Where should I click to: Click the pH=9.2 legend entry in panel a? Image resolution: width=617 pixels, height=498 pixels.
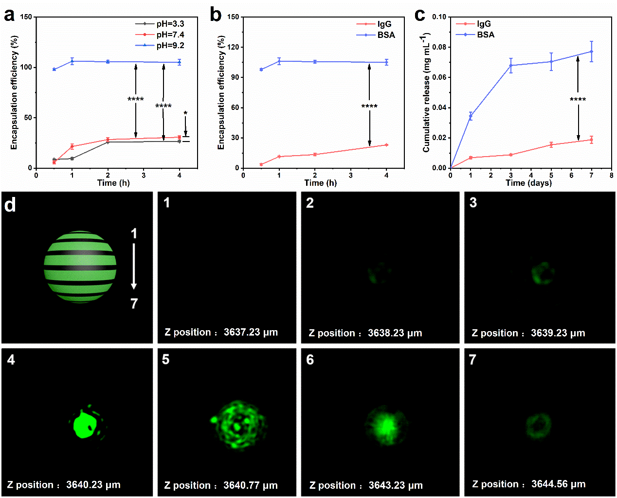[x=170, y=45]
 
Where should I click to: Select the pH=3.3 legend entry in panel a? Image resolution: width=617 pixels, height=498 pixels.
[x=170, y=24]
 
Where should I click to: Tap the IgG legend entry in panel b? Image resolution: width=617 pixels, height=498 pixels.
[x=384, y=24]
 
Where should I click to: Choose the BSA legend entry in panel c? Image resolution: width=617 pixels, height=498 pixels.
[x=485, y=35]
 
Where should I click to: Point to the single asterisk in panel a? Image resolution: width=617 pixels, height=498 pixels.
[x=185, y=113]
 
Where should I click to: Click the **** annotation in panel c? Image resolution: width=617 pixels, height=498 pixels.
[x=578, y=100]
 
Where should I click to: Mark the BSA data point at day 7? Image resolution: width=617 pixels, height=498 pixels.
[x=591, y=52]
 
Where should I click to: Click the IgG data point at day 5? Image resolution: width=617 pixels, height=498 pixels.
[x=551, y=144]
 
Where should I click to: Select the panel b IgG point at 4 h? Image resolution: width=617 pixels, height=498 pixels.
[x=386, y=145]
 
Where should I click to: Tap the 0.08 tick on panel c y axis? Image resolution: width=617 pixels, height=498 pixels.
[x=439, y=47]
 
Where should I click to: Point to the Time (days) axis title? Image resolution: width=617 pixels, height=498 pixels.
[x=528, y=183]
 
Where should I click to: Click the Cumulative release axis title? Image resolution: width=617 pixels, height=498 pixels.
[x=426, y=92]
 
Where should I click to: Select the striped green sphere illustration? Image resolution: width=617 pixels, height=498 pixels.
[x=80, y=267]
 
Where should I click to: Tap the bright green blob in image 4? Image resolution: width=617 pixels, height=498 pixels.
[x=84, y=424]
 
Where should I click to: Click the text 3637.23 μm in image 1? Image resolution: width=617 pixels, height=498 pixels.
[x=251, y=332]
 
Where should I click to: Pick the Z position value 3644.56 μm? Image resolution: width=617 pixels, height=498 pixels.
[x=558, y=484]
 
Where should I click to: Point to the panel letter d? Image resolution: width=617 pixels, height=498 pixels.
[x=10, y=205]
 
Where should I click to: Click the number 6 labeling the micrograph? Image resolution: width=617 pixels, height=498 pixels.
[x=310, y=360]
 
